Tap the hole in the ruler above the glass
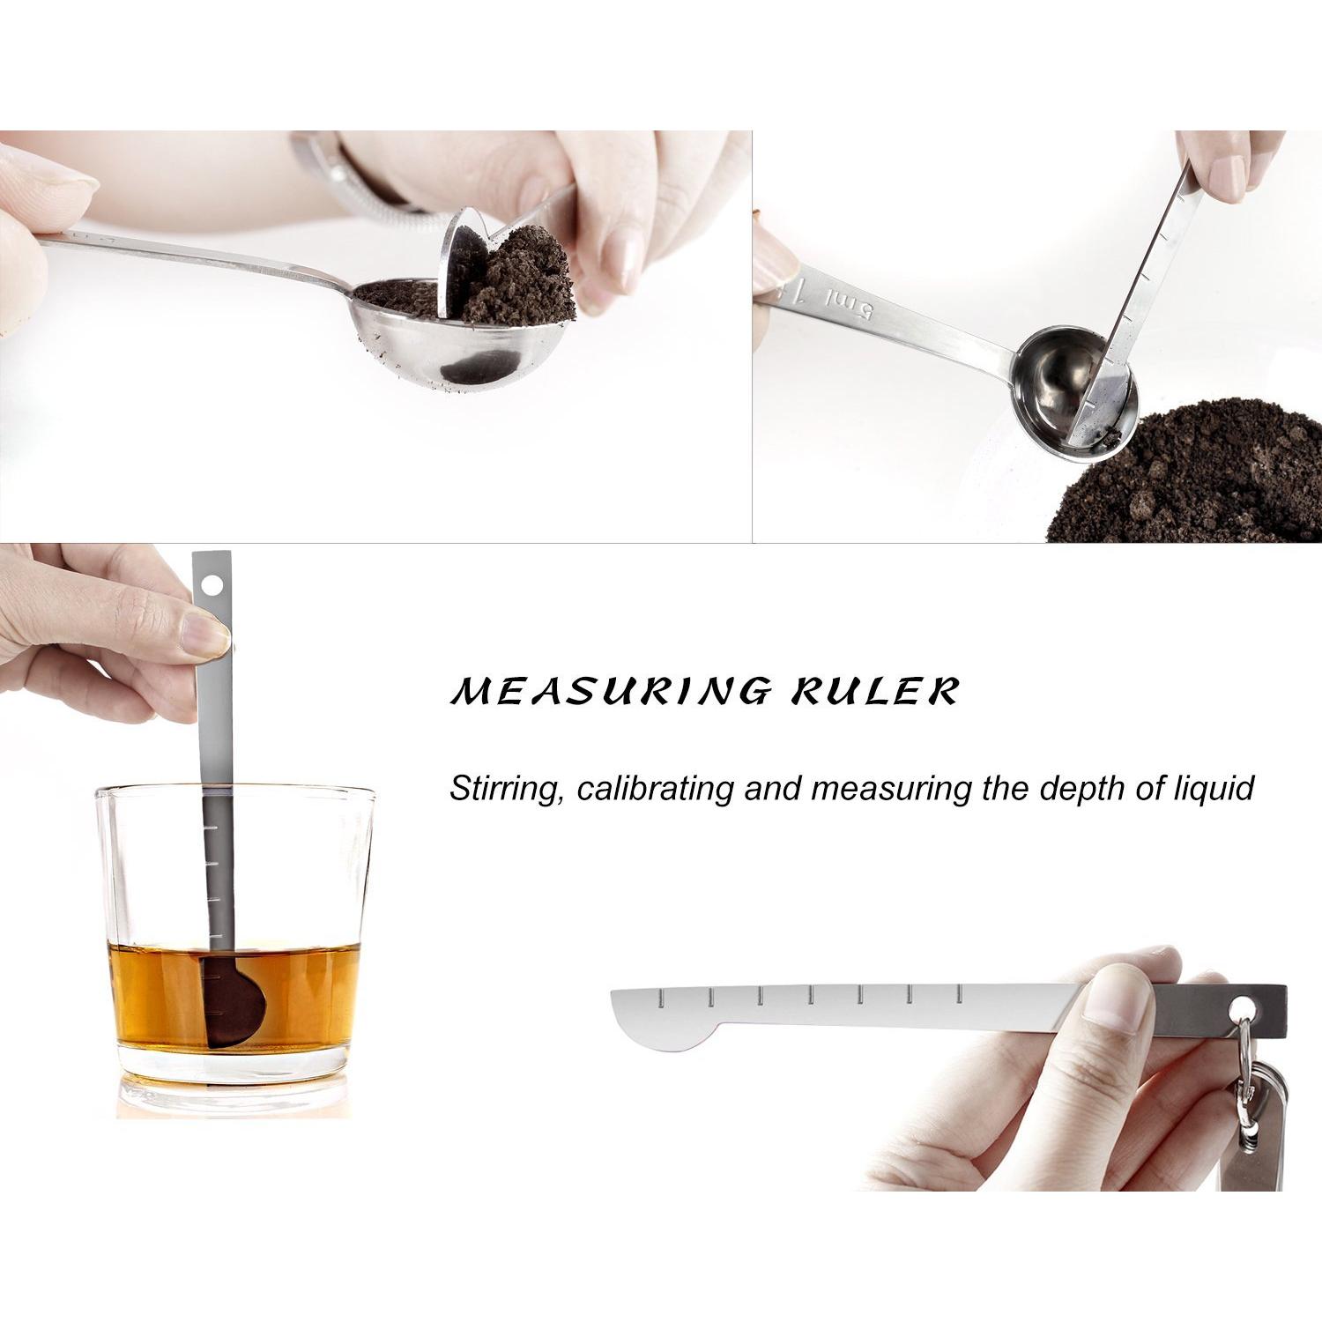click(x=212, y=584)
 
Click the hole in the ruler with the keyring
click(x=1244, y=1006)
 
